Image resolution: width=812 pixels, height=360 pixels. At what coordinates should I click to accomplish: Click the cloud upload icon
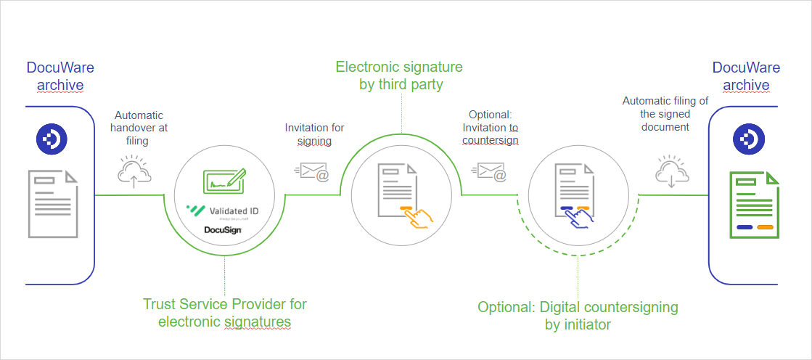pos(134,171)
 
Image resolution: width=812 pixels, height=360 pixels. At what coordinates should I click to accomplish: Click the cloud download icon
pos(671,171)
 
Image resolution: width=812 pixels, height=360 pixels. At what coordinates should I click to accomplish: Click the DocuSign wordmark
pos(223,231)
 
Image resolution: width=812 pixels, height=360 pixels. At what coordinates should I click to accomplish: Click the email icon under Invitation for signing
pos(313,172)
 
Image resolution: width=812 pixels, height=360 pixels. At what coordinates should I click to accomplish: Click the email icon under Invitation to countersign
pos(490,172)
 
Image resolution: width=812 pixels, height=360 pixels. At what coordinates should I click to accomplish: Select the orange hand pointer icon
pos(417,217)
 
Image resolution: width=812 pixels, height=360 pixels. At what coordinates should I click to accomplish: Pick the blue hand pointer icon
pos(582,217)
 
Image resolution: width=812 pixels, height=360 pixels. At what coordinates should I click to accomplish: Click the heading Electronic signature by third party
pos(400,76)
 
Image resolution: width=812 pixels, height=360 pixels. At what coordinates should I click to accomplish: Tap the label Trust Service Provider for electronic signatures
pos(225,313)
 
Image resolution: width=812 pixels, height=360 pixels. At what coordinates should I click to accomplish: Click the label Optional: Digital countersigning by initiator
pos(578,316)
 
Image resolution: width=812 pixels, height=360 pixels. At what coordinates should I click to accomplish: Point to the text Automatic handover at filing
pos(139,128)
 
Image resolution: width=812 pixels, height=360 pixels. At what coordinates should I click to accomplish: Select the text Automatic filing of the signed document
pos(665,115)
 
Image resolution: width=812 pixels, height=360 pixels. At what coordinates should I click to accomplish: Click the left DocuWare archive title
pos(60,76)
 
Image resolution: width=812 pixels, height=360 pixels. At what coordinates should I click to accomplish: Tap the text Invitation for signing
pos(314,134)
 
